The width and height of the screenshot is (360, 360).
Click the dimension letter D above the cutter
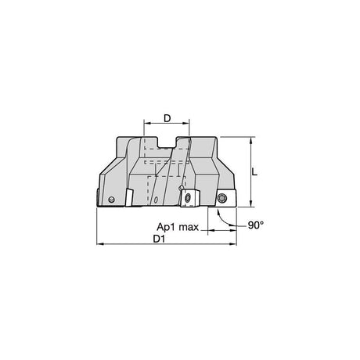pyautogui.click(x=167, y=118)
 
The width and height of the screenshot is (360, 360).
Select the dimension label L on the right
pyautogui.click(x=254, y=171)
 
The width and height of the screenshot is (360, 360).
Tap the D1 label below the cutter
pyautogui.click(x=159, y=239)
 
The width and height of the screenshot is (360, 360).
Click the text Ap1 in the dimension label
pyautogui.click(x=164, y=227)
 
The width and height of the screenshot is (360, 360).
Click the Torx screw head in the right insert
pyautogui.click(x=222, y=198)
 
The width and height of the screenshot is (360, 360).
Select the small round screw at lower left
pyautogui.click(x=111, y=200)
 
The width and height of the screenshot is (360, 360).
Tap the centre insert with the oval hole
pyautogui.click(x=189, y=199)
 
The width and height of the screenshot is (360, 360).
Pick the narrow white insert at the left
pyautogui.click(x=129, y=197)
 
